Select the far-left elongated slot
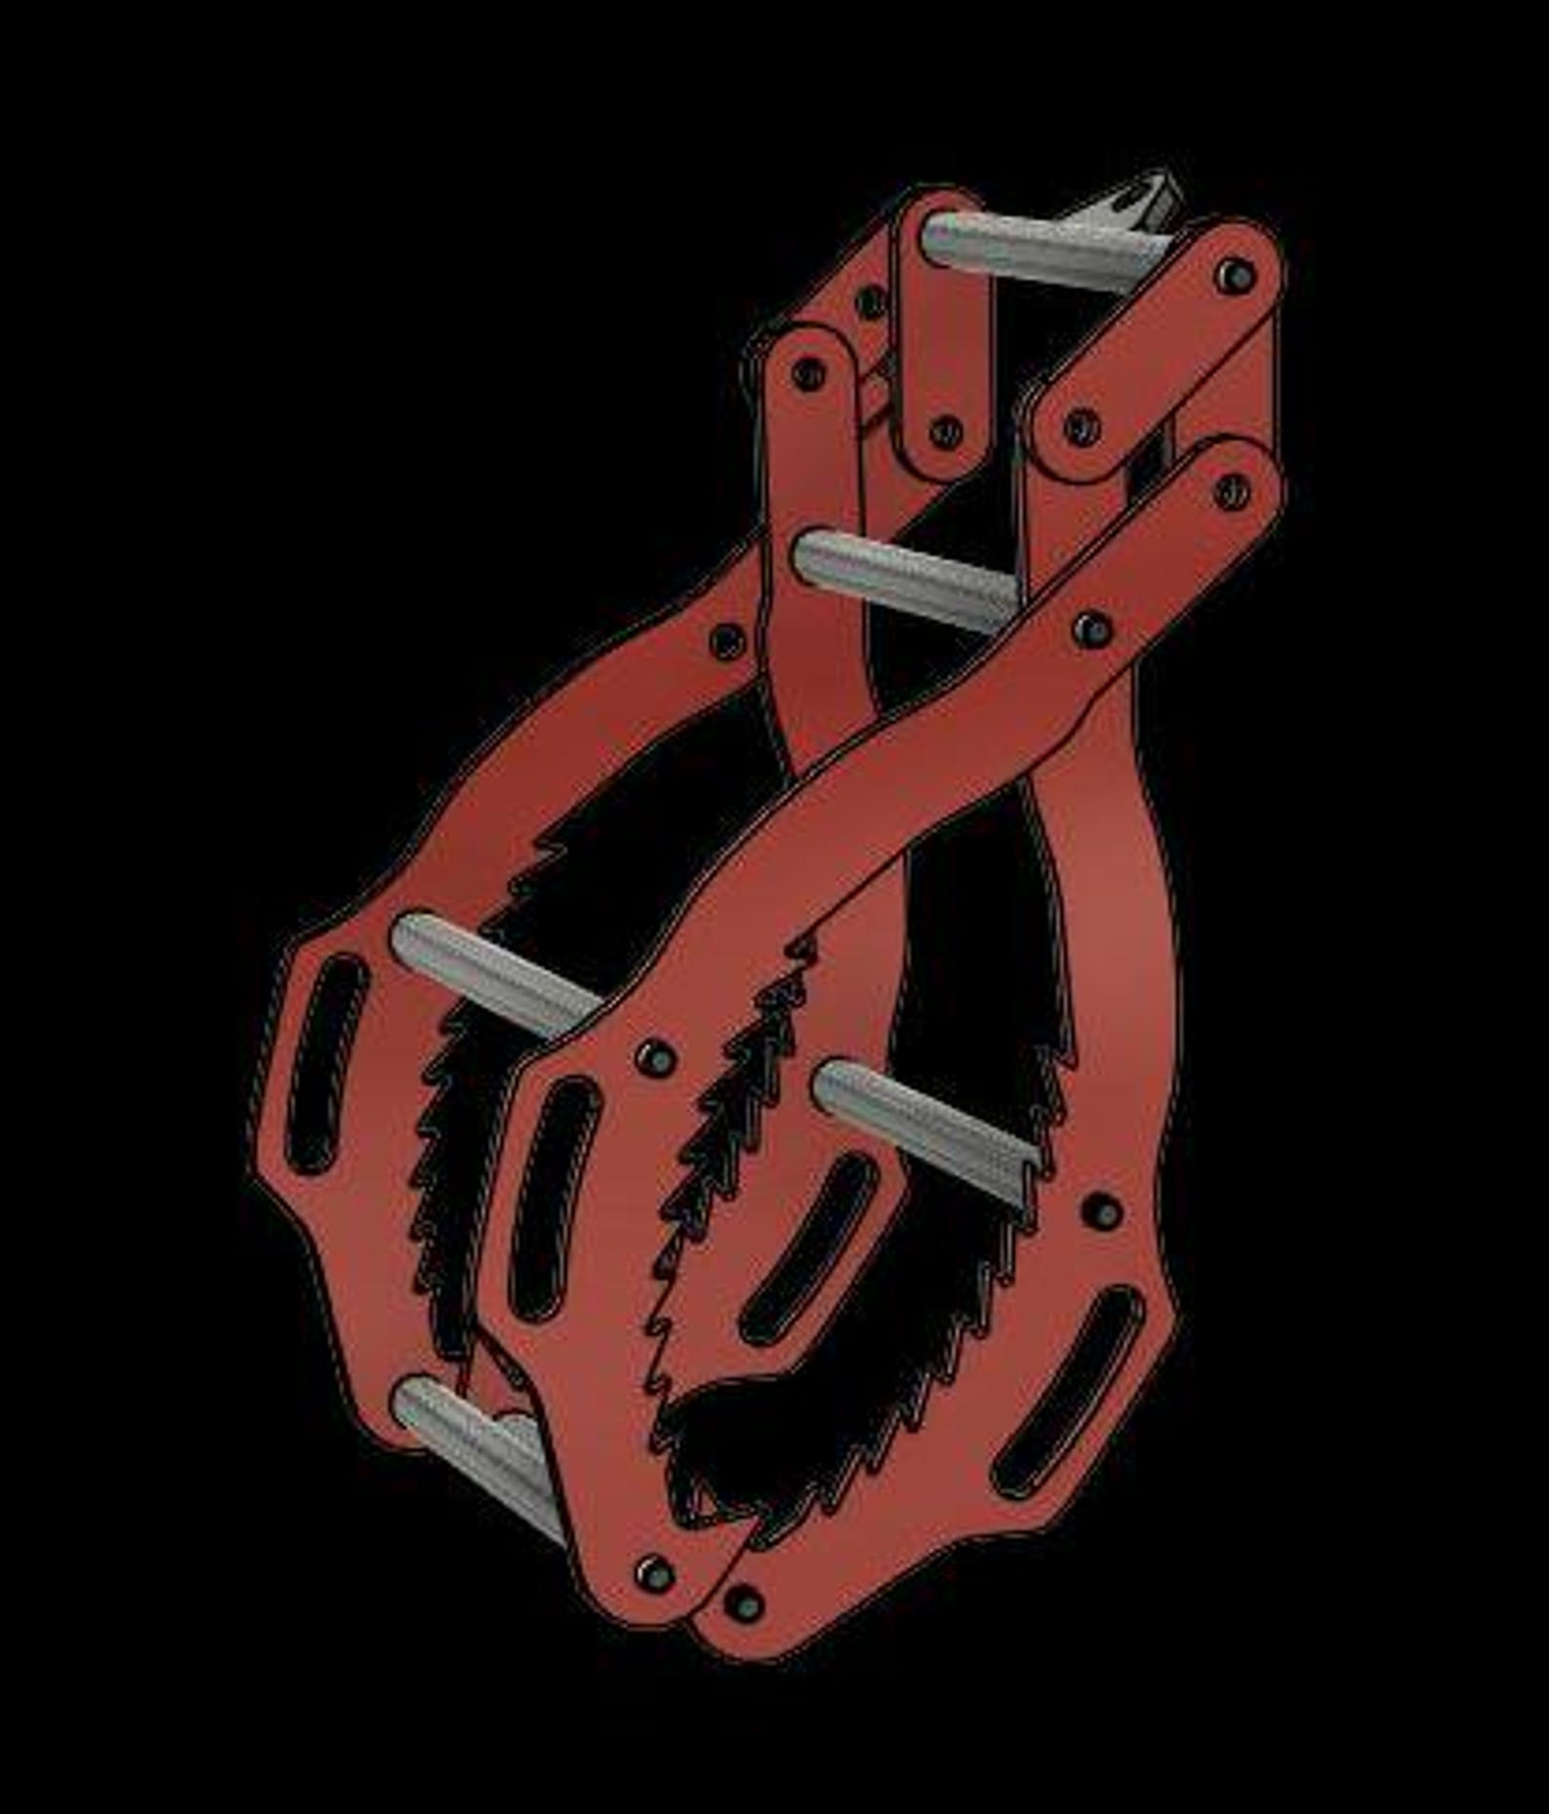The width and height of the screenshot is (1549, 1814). point(327,1063)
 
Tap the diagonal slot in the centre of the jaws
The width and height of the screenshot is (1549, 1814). point(810,1248)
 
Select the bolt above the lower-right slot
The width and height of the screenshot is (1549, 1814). point(1103,1210)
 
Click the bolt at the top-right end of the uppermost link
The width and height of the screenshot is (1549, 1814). point(1235,276)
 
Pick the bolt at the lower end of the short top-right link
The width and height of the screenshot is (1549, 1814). point(1081,426)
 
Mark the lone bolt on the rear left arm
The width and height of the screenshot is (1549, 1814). point(727,641)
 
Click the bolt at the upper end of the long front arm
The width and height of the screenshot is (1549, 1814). point(1232,492)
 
